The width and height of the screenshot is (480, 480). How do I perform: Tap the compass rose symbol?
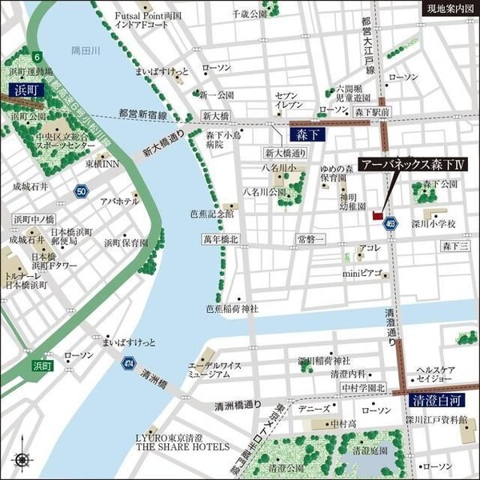click(x=20, y=460)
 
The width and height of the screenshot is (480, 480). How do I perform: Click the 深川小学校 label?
click(x=433, y=223)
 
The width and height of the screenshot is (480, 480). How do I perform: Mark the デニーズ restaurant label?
click(x=314, y=408)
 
